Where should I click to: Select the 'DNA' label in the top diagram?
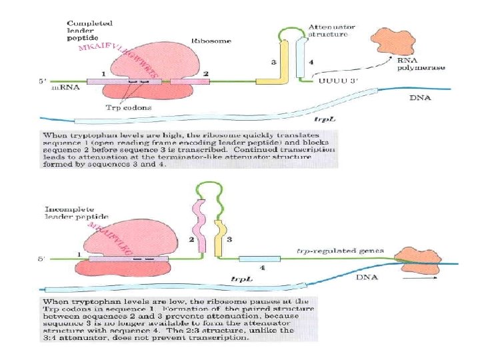419,98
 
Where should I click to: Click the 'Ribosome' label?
211,41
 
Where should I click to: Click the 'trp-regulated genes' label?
340,251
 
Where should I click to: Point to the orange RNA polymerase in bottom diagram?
417,259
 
